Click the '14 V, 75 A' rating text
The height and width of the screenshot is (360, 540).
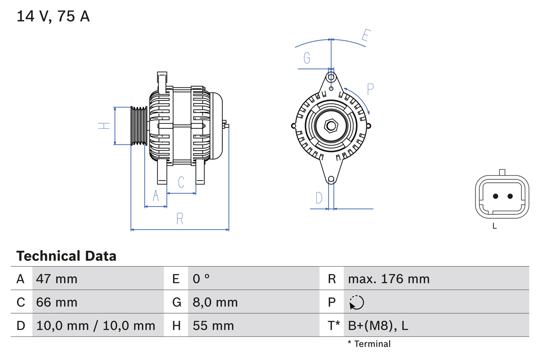click(x=53, y=16)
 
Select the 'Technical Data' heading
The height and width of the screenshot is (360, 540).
click(x=66, y=256)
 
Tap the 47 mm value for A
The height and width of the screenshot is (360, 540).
click(x=57, y=279)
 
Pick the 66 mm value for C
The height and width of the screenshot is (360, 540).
click(x=57, y=302)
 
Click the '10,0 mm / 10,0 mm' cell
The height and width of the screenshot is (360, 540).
click(x=96, y=325)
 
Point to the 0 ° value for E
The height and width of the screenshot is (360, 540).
click(x=201, y=279)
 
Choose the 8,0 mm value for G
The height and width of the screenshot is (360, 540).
click(x=215, y=302)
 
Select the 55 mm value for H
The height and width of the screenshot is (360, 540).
click(x=213, y=325)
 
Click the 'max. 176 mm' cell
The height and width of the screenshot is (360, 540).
click(x=389, y=279)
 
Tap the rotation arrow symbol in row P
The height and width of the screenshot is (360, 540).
click(x=356, y=302)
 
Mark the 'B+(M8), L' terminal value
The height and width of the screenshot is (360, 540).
click(x=378, y=325)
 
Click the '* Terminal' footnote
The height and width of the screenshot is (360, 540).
click(x=369, y=344)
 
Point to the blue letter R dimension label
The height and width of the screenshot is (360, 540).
click(x=180, y=219)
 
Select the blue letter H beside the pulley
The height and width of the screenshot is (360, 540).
click(x=104, y=125)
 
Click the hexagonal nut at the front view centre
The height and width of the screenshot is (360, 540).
click(x=331, y=126)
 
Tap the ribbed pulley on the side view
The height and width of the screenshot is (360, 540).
click(x=138, y=126)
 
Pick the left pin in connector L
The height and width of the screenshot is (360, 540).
click(x=495, y=196)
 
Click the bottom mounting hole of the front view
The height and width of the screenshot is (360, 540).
click(x=331, y=180)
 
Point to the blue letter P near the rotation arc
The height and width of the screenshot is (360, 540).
click(x=370, y=89)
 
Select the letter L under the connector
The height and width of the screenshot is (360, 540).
click(x=494, y=226)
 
